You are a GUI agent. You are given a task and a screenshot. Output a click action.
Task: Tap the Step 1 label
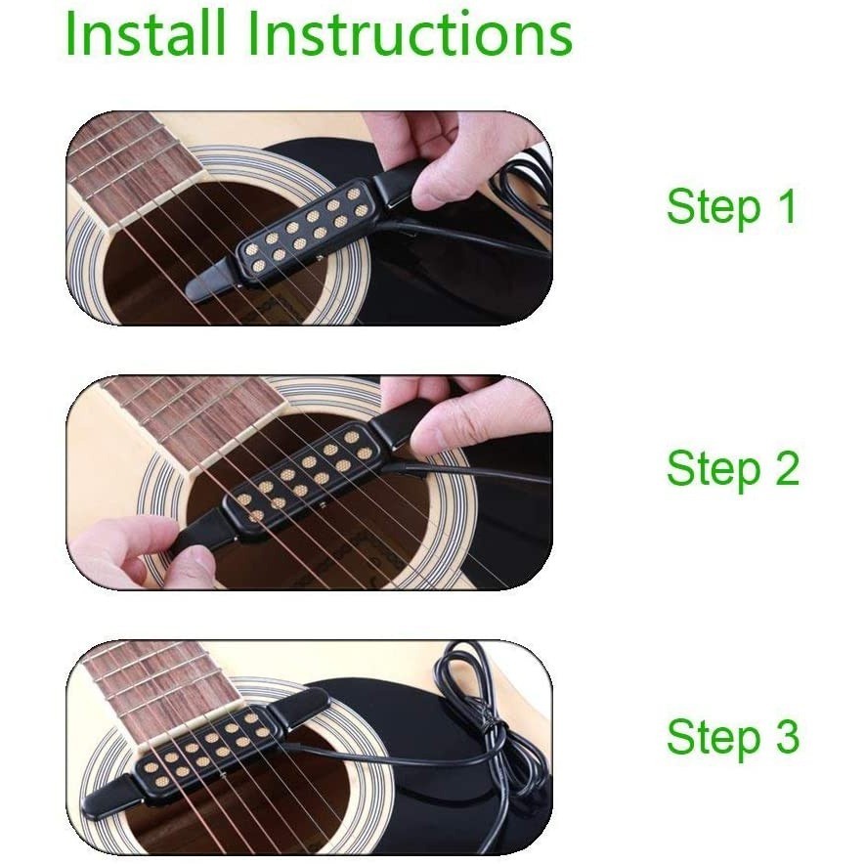[732, 207]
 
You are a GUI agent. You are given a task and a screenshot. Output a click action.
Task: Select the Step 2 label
[733, 468]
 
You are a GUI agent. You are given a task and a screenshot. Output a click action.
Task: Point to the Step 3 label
[733, 737]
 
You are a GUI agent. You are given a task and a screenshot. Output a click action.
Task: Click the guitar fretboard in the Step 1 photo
[132, 165]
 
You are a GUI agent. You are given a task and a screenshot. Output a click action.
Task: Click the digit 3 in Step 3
[788, 736]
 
